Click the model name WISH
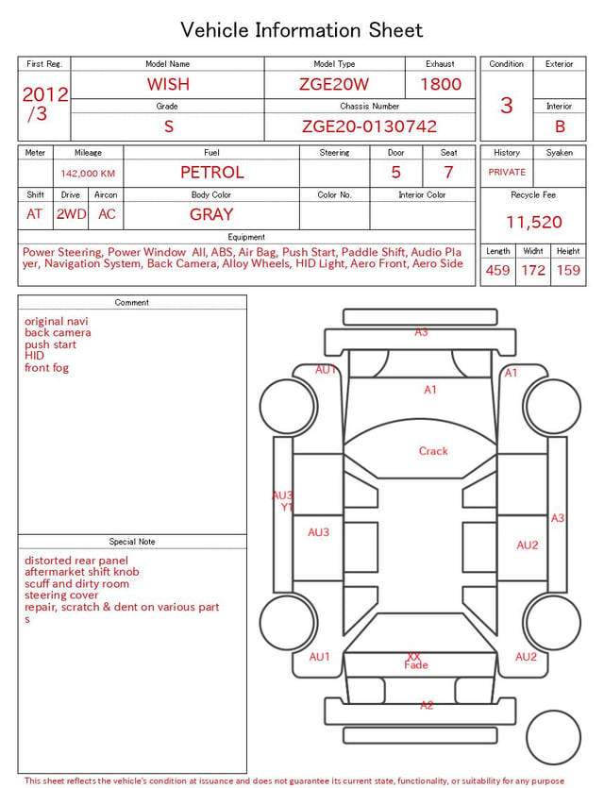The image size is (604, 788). pos(168,84)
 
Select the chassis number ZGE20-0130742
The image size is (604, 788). pos(369,126)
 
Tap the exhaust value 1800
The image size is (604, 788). pos(440,84)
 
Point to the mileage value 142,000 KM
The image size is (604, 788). pos(88,174)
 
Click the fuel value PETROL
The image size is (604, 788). pos(212,173)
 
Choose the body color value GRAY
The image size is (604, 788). pos(211,214)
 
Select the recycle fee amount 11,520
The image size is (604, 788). pos(533,222)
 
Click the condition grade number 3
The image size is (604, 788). pos(507,105)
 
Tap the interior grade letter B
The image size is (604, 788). pos(560,126)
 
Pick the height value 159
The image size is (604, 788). pos(568,270)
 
